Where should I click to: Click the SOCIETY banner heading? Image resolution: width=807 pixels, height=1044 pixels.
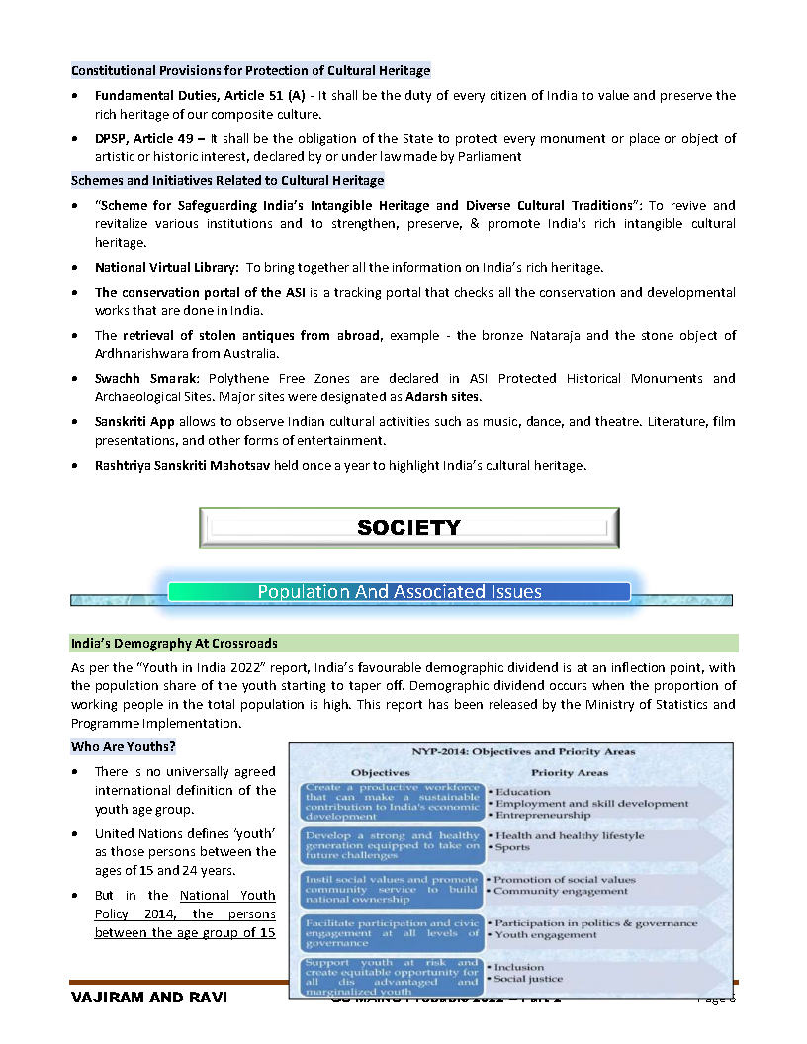408,528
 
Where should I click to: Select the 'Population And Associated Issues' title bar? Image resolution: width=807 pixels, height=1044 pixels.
400,592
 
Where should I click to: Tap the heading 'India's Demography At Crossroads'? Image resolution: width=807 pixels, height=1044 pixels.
174,643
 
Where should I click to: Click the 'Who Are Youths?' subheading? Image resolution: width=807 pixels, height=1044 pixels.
123,746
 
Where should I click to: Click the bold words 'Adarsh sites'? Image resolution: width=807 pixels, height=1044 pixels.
443,396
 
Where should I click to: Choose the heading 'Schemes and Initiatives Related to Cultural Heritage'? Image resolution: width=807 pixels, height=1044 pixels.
227,181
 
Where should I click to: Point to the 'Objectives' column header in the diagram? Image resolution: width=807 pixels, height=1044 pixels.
381,772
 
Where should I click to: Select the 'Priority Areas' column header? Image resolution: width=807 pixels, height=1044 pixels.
570,772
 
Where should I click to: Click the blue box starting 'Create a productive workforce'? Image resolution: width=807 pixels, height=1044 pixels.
392,804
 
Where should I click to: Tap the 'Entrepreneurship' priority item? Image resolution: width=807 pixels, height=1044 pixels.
543,816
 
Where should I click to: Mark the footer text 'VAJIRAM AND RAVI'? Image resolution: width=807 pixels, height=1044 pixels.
149,998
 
